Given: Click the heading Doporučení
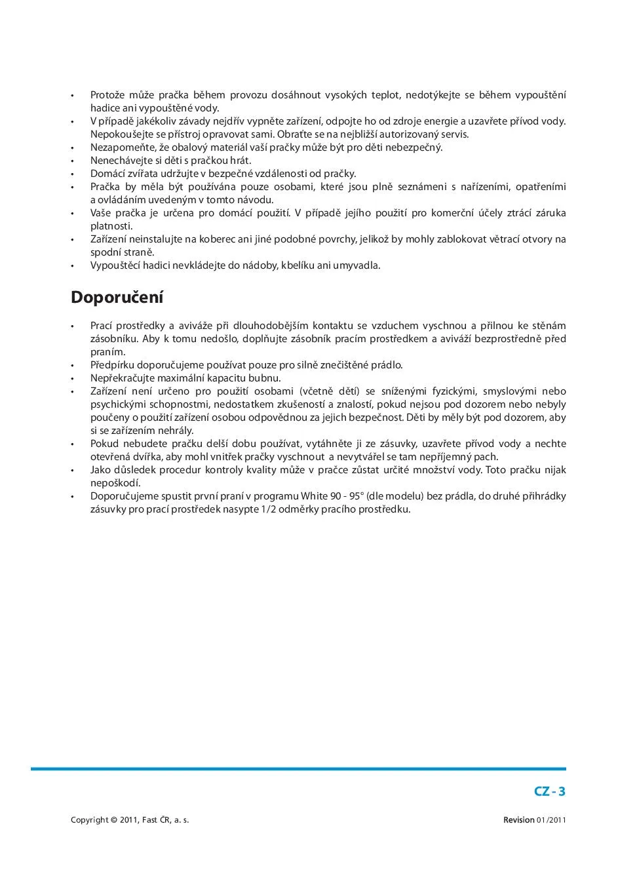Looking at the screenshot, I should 117,298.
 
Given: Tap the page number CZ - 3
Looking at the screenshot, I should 549,791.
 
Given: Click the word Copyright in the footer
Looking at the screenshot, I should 89,820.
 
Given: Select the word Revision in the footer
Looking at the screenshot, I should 518,820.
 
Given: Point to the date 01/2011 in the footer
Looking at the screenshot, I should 551,820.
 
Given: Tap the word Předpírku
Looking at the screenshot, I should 112,365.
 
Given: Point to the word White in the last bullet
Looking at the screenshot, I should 315,496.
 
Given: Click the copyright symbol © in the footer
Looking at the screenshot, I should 114,820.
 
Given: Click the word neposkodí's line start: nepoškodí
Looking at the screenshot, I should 111,483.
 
